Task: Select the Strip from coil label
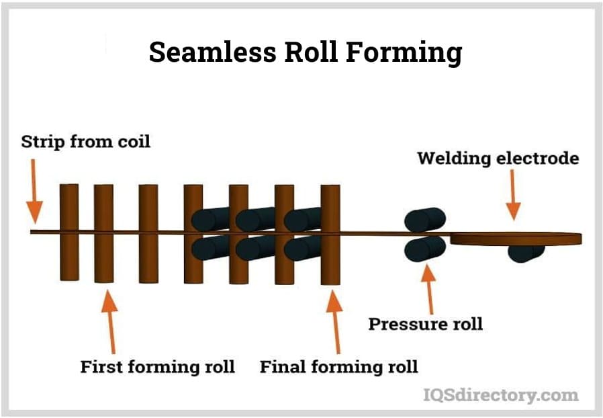point(86,142)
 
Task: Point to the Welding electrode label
point(498,159)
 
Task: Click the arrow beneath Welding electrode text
point(512,194)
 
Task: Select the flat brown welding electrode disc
point(516,238)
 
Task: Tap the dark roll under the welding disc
point(526,253)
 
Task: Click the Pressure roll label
point(425,323)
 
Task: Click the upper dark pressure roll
point(424,219)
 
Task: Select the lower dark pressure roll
point(424,248)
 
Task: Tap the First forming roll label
point(157,366)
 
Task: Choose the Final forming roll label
point(338,366)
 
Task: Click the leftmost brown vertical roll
point(69,232)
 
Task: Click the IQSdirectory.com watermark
point(500,394)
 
